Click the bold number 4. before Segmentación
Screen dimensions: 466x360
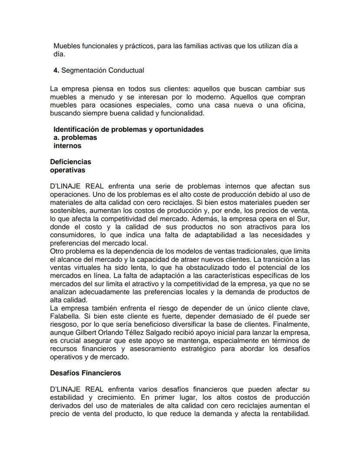56,70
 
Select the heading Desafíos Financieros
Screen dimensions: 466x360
85,373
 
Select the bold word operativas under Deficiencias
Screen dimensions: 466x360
67,170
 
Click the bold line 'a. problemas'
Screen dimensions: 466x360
75,137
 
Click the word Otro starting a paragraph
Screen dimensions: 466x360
57,251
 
